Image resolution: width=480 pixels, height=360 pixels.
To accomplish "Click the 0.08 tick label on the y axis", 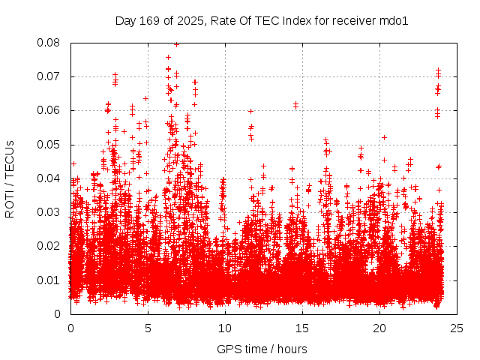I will [53, 43].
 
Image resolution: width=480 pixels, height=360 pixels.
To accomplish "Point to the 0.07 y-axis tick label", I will [53, 76].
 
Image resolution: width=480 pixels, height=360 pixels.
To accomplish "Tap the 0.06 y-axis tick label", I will [53, 110].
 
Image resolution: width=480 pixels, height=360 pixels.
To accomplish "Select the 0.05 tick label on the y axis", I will [53, 144].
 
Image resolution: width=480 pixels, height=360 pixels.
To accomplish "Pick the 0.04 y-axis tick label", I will [53, 178].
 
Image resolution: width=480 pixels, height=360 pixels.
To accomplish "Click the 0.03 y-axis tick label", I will [53, 212].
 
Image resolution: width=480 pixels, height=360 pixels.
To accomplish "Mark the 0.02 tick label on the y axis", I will [53, 246].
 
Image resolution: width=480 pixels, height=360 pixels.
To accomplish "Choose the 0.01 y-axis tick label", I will [53, 280].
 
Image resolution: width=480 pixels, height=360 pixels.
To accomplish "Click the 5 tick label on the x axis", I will [148, 328].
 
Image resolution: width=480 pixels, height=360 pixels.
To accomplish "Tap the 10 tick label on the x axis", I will [224, 328].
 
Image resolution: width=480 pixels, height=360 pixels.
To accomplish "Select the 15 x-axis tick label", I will [301, 328].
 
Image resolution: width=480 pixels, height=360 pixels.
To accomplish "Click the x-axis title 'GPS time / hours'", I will [262, 349].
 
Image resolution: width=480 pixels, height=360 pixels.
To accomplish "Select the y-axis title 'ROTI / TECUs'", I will [10, 178].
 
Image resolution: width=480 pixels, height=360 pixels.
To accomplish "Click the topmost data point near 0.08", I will [176, 44].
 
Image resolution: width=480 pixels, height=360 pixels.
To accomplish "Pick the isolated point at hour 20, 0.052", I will [384, 137].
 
